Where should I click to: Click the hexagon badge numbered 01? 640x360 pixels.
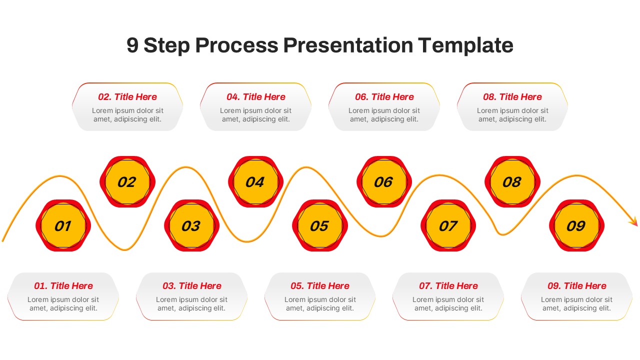click(x=63, y=226)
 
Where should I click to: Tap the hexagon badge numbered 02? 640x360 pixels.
click(x=127, y=182)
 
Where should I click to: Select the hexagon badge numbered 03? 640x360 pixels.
click(x=191, y=226)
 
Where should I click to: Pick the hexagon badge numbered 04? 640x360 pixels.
click(x=255, y=182)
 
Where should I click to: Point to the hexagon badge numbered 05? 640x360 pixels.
click(x=319, y=226)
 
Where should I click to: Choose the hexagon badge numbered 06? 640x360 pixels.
click(x=383, y=182)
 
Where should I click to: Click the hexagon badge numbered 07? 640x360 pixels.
click(x=447, y=226)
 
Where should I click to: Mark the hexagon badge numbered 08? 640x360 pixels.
click(x=512, y=182)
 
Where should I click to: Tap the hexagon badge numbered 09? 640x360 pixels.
click(x=576, y=226)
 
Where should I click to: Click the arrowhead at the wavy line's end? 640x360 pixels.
click(x=633, y=221)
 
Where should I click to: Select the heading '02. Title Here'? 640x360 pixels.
click(x=127, y=97)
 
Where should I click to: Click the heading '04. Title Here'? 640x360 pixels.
click(x=255, y=97)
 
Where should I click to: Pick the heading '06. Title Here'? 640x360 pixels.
click(x=384, y=97)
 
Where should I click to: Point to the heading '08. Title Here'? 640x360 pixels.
click(x=512, y=97)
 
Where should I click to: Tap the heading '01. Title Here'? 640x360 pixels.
click(x=63, y=286)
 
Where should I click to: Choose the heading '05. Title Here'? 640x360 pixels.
click(x=319, y=286)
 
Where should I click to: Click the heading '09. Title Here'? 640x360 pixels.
click(x=576, y=286)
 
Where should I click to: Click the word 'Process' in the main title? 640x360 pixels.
click(x=236, y=45)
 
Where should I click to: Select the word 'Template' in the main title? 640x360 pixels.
click(x=465, y=45)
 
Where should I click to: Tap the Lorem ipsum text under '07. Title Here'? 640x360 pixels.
click(x=448, y=304)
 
